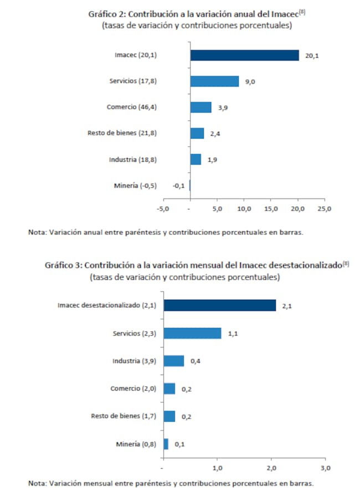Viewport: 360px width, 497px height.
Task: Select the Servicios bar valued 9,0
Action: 214,81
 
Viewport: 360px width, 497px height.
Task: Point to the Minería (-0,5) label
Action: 135,186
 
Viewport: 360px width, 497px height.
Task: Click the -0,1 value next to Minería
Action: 178,186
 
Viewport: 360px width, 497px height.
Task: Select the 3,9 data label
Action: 223,108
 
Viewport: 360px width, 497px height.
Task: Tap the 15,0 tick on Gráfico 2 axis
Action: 271,209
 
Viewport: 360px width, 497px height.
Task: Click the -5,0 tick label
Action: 163,209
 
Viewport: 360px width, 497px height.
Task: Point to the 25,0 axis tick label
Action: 325,209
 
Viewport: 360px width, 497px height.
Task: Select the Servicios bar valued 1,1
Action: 192,334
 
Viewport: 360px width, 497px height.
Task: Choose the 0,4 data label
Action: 195,361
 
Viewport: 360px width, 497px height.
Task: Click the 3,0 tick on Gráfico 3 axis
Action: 326,468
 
